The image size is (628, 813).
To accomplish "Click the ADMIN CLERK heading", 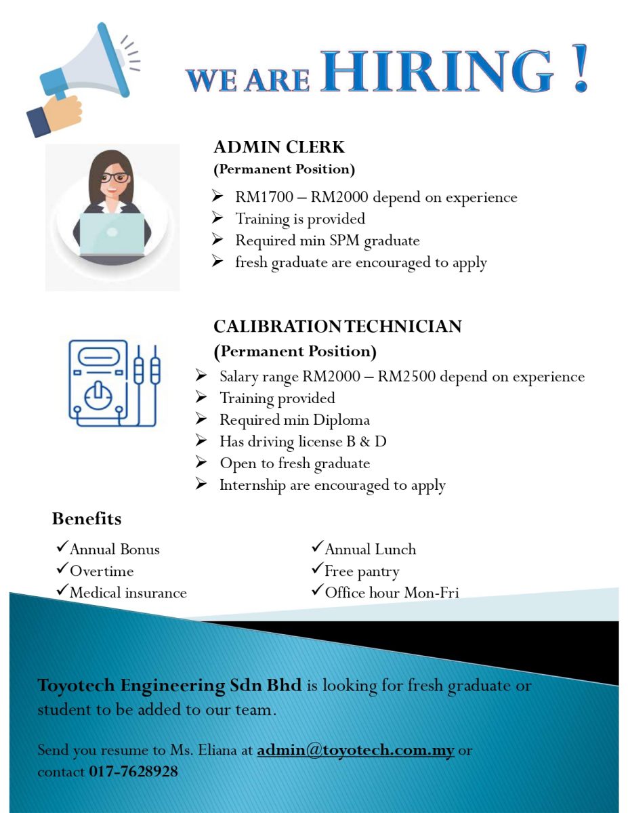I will pos(279,147).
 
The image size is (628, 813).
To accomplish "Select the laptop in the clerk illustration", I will pos(112,233).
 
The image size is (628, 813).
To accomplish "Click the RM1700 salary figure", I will pos(265,197).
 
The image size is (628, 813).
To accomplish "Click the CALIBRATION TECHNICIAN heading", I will pos(337,327).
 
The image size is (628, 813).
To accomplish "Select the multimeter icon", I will pos(114,382).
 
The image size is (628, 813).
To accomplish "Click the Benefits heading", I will pos(87,519).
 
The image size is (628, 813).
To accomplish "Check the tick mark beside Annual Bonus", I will pos(62,547).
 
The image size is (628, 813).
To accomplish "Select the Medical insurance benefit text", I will pos(128,593).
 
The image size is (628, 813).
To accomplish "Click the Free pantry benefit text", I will pos(362,571).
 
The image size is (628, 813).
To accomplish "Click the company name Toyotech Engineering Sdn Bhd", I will pos(169,685).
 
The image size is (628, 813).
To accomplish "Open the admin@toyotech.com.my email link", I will pos(356,750).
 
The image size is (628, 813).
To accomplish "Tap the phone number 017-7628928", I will pos(133,771).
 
